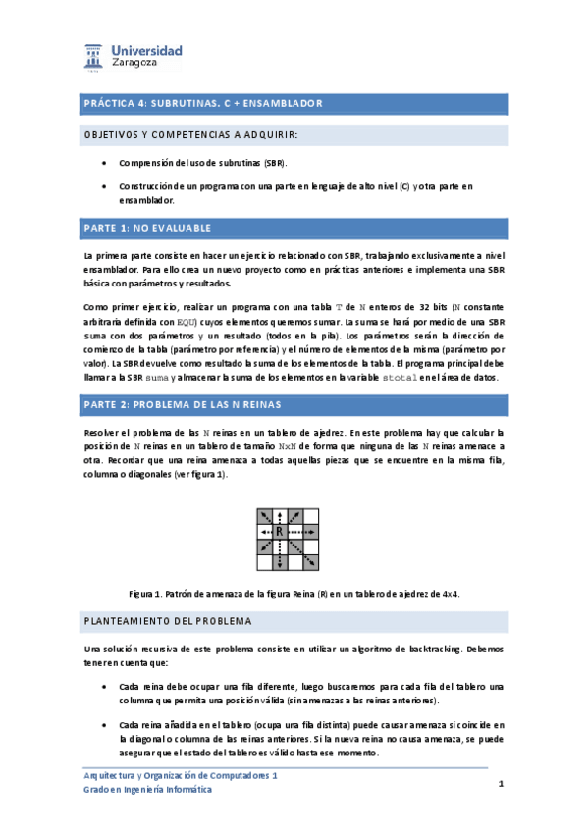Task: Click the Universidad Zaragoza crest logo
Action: click(96, 56)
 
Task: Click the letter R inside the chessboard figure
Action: click(280, 531)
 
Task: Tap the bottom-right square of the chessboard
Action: click(310, 561)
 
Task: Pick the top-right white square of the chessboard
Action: click(310, 516)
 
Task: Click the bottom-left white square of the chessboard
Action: click(265, 561)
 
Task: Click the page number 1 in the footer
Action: click(501, 784)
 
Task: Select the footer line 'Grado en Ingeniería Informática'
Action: click(146, 791)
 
